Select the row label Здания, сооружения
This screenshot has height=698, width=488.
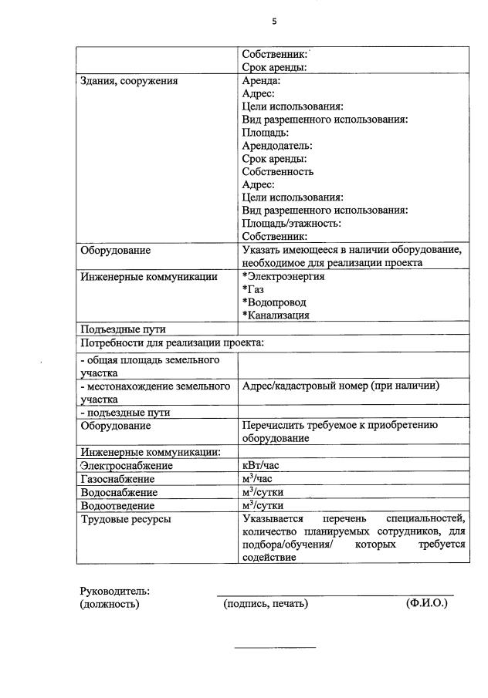click(129, 80)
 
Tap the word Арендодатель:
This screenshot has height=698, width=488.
click(277, 146)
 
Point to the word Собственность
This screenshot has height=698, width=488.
click(278, 172)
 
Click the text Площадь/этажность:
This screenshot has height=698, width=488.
click(291, 224)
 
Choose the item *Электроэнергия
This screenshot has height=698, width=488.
click(283, 276)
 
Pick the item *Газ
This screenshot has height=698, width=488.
click(252, 289)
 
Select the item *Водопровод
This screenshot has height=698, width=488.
click(273, 302)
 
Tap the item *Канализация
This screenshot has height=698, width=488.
click(276, 315)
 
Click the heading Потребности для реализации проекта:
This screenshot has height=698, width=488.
click(172, 342)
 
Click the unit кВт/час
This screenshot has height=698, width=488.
click(261, 466)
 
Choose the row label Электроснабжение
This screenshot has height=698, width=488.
click(127, 466)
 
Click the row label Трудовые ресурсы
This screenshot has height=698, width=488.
click(126, 519)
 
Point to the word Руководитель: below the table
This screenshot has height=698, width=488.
click(115, 591)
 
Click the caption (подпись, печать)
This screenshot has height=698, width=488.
click(266, 604)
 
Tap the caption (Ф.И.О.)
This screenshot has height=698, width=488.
click(426, 604)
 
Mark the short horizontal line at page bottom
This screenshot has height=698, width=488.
click(275, 647)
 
